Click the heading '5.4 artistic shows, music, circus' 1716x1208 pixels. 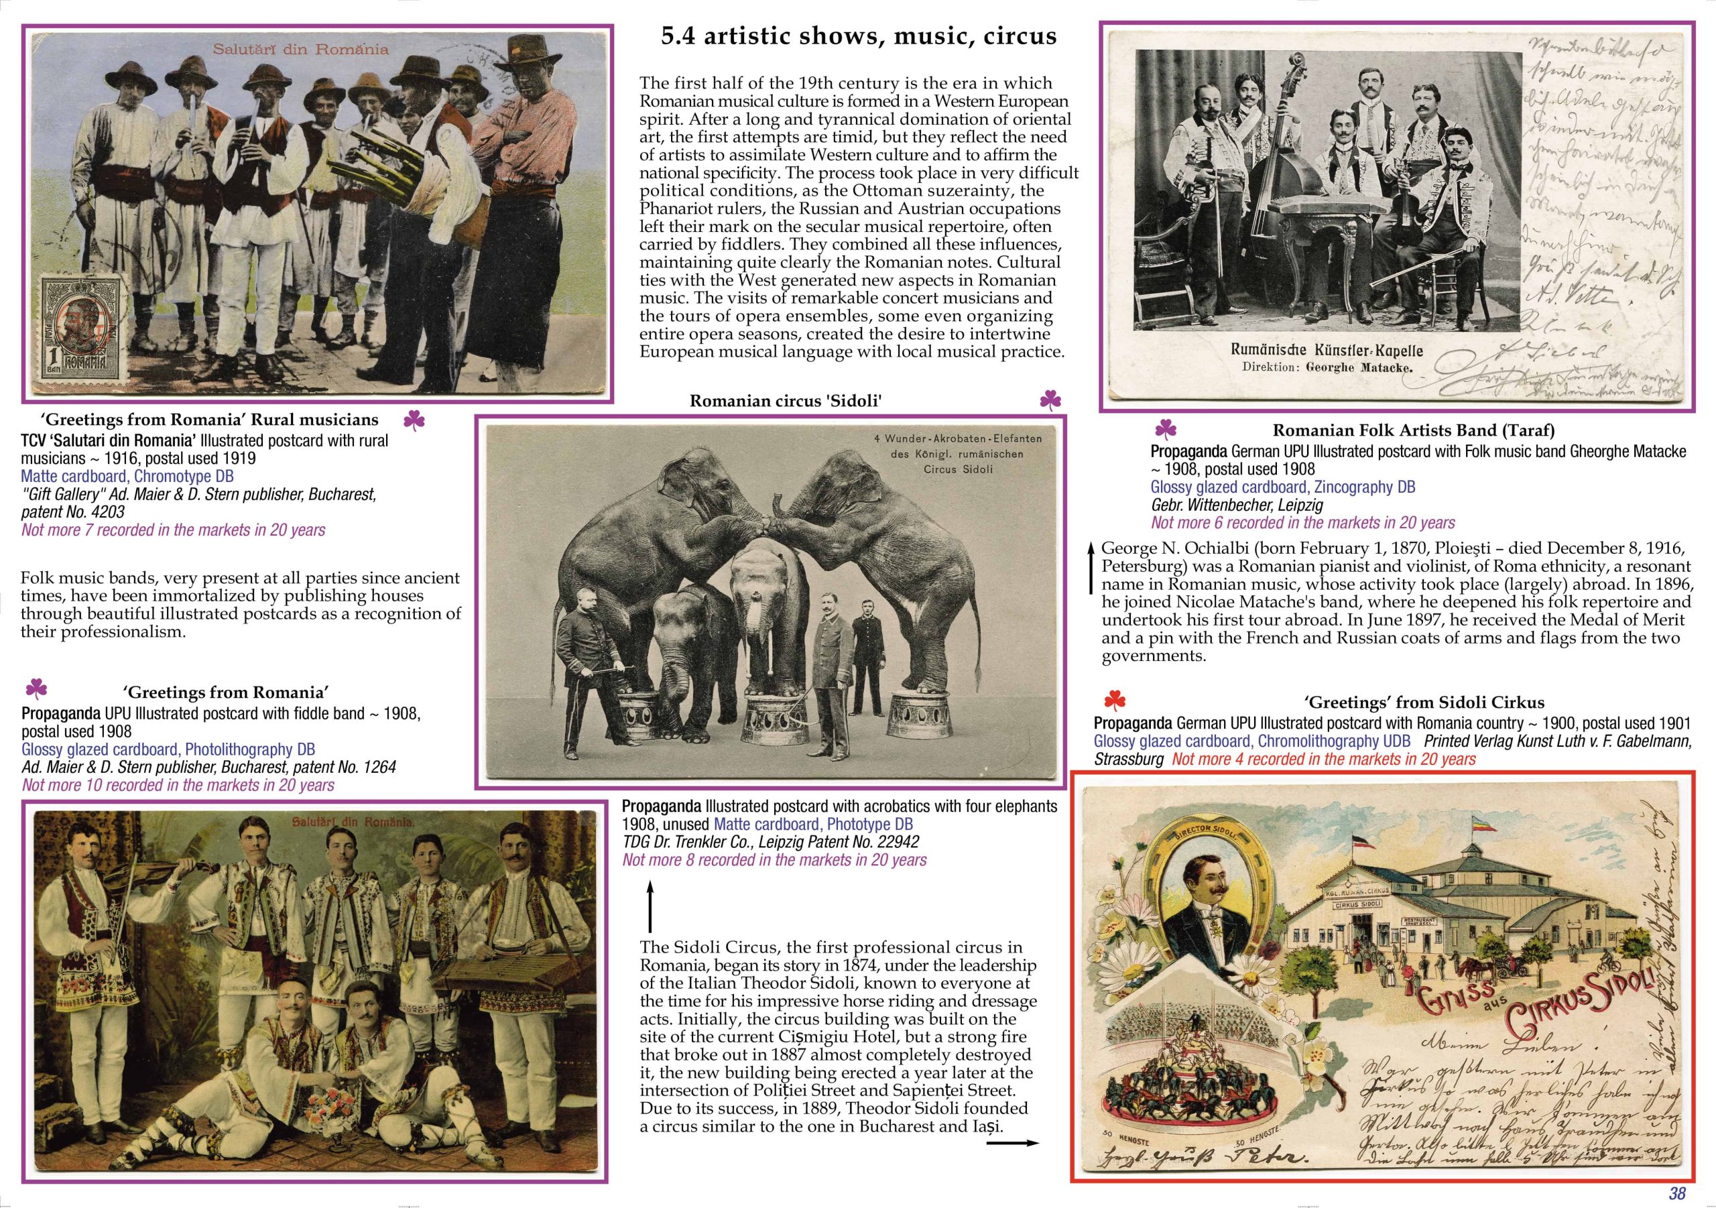click(x=859, y=37)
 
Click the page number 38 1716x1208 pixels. click(x=1676, y=1193)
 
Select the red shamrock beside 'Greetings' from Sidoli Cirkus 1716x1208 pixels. click(x=1114, y=701)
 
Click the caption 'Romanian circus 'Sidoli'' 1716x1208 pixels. click(x=786, y=401)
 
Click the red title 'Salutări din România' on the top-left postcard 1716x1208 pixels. click(x=300, y=50)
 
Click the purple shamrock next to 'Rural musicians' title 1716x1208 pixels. click(x=414, y=421)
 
